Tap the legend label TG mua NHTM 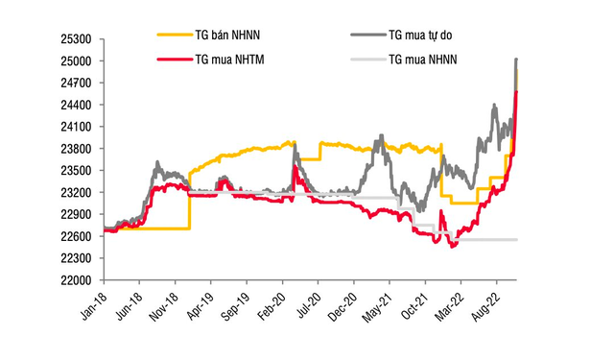coord(232,60)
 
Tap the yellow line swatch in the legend coord(173,35)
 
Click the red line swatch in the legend coord(173,60)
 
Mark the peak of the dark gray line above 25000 coord(517,60)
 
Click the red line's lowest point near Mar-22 coord(452,246)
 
